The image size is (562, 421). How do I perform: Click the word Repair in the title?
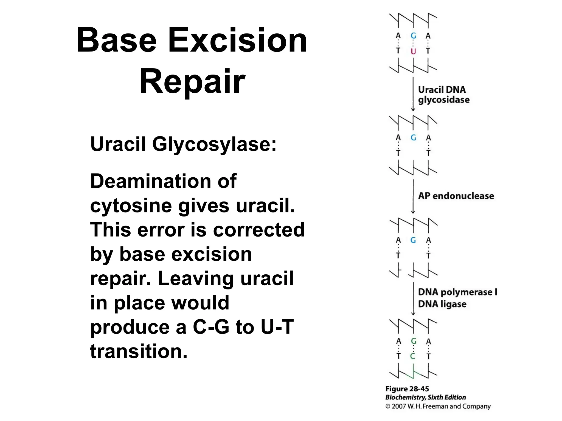pos(192,81)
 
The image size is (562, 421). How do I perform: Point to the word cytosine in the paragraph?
pos(132,206)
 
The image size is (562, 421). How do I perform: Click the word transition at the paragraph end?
pos(139,351)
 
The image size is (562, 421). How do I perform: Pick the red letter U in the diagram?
pos(413,51)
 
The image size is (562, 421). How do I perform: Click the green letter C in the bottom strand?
pos(413,356)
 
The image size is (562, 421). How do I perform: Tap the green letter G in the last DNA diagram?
pos(414,341)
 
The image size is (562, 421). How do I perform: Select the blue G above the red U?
pos(413,36)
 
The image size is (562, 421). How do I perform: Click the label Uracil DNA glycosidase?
pos(443,95)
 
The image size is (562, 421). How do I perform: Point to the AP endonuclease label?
pos(456,196)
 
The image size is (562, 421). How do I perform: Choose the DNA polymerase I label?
pos(457,292)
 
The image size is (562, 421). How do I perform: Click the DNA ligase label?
pos(442,304)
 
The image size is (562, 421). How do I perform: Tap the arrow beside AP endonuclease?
pos(413,196)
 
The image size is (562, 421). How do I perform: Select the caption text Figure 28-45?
pos(407,389)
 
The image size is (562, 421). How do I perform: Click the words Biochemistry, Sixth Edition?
pos(425,397)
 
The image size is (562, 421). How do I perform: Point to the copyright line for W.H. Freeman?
pos(438,406)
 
